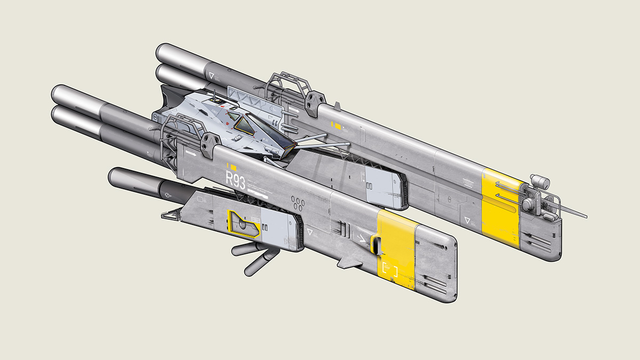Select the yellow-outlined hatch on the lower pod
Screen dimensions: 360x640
tap(244, 224)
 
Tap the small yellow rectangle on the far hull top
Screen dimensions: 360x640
tap(337, 126)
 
